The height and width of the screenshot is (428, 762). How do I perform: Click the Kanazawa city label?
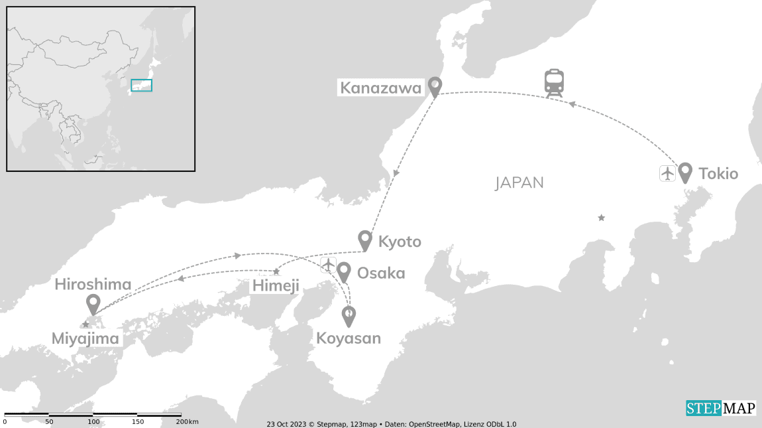point(380,87)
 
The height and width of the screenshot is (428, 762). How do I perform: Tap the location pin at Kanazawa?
point(435,86)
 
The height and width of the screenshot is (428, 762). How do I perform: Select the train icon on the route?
point(555,84)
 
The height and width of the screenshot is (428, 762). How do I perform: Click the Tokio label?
point(718,174)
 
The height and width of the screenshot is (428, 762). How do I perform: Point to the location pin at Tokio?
point(685,172)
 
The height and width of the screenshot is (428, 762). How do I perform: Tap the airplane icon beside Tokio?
point(667,173)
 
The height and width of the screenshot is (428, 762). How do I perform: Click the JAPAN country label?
point(519,183)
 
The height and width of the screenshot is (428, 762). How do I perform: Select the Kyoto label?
point(400,242)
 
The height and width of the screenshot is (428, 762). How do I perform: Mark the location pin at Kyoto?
point(364,240)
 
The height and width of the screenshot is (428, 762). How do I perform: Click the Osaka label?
point(381,273)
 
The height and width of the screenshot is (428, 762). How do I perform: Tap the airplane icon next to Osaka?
point(328,265)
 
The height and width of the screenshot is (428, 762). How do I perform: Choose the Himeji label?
point(276,286)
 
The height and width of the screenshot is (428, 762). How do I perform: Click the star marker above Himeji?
point(276,272)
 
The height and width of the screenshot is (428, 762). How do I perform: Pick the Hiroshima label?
point(93,285)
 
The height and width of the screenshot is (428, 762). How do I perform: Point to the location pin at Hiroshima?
point(93,304)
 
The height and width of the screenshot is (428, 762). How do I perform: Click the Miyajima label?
point(85,339)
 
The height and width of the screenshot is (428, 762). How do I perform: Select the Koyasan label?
point(349,338)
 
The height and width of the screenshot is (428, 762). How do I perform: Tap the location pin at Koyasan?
point(349,315)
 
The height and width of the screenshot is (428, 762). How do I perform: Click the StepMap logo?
point(721,408)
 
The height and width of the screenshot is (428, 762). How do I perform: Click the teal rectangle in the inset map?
point(141,85)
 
